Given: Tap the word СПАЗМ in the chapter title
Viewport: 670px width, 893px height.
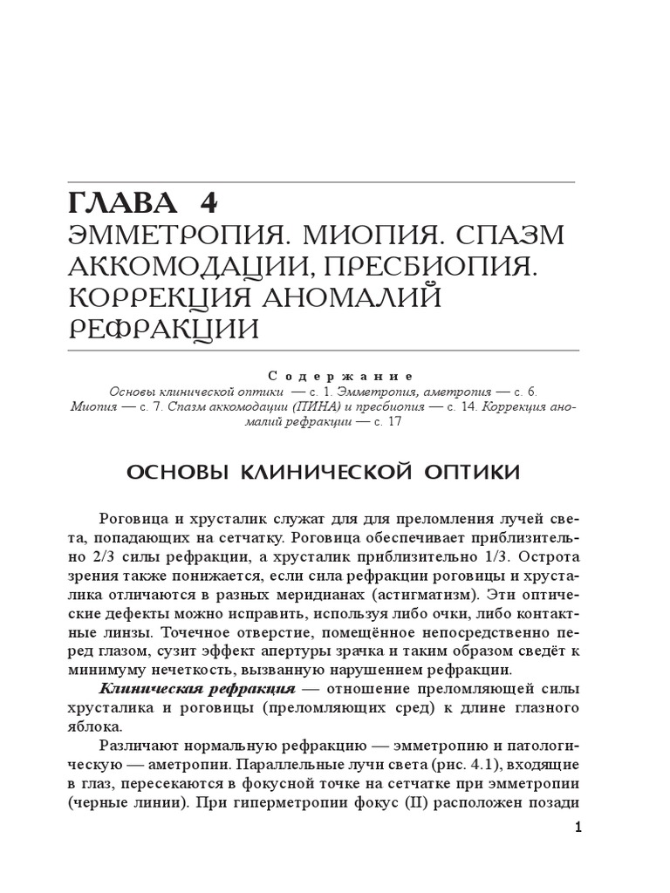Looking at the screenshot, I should pos(516,235).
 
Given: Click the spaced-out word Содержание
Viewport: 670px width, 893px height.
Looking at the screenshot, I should pos(340,376).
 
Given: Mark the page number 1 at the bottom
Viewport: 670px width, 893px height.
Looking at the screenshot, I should pos(578,828).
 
